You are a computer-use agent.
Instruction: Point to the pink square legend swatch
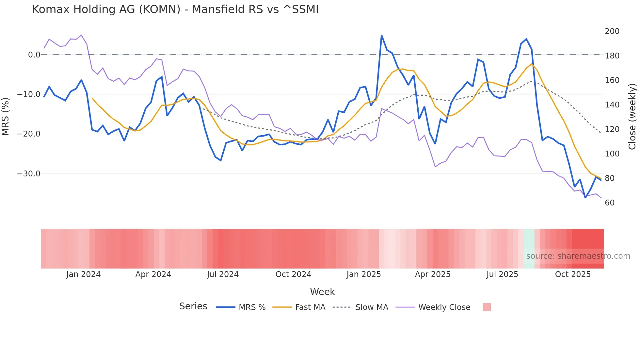point(487,307)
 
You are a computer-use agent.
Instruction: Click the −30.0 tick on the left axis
point(29,174)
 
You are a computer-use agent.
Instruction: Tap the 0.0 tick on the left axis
point(34,55)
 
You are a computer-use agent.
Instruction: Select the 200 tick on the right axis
point(612,31)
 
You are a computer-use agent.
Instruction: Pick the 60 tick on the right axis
point(610,203)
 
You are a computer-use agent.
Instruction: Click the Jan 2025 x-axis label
point(363,274)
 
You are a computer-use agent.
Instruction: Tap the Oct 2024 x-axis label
point(293,274)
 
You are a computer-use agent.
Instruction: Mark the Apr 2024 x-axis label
point(153,274)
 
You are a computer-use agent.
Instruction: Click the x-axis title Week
point(322,292)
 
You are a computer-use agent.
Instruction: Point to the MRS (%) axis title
point(6,116)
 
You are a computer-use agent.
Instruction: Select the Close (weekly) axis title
point(632,116)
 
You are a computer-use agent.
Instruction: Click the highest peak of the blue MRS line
point(381,35)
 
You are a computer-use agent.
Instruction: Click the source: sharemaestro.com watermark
point(578,256)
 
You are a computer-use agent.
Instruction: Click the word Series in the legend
point(193,306)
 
